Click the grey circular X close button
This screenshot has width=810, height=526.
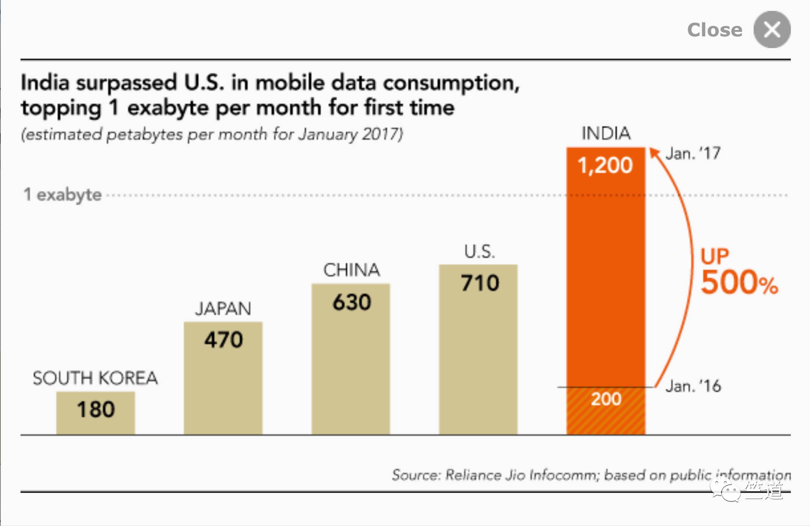click(772, 30)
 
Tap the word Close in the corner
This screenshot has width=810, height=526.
click(715, 30)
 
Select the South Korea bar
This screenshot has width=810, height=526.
click(95, 413)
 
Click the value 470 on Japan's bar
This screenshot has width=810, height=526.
click(223, 340)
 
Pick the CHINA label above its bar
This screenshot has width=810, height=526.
click(351, 270)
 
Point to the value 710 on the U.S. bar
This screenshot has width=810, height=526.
click(480, 283)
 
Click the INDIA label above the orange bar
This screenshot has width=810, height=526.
click(606, 134)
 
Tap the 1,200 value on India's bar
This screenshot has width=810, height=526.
click(605, 165)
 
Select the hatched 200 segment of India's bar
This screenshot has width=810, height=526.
click(606, 410)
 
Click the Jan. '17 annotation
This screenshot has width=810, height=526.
click(693, 153)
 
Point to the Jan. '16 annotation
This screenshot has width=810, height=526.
click(693, 386)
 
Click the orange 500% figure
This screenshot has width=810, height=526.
click(739, 282)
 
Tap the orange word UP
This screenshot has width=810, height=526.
click(714, 257)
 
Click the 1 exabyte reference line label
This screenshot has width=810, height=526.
click(63, 195)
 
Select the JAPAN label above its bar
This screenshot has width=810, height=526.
click(223, 309)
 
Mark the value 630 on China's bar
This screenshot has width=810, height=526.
click(351, 302)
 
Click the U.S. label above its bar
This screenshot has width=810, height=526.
click(479, 251)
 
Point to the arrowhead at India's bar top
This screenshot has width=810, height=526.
click(654, 152)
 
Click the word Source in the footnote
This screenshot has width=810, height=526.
click(415, 475)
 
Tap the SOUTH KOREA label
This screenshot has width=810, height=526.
click(95, 378)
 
